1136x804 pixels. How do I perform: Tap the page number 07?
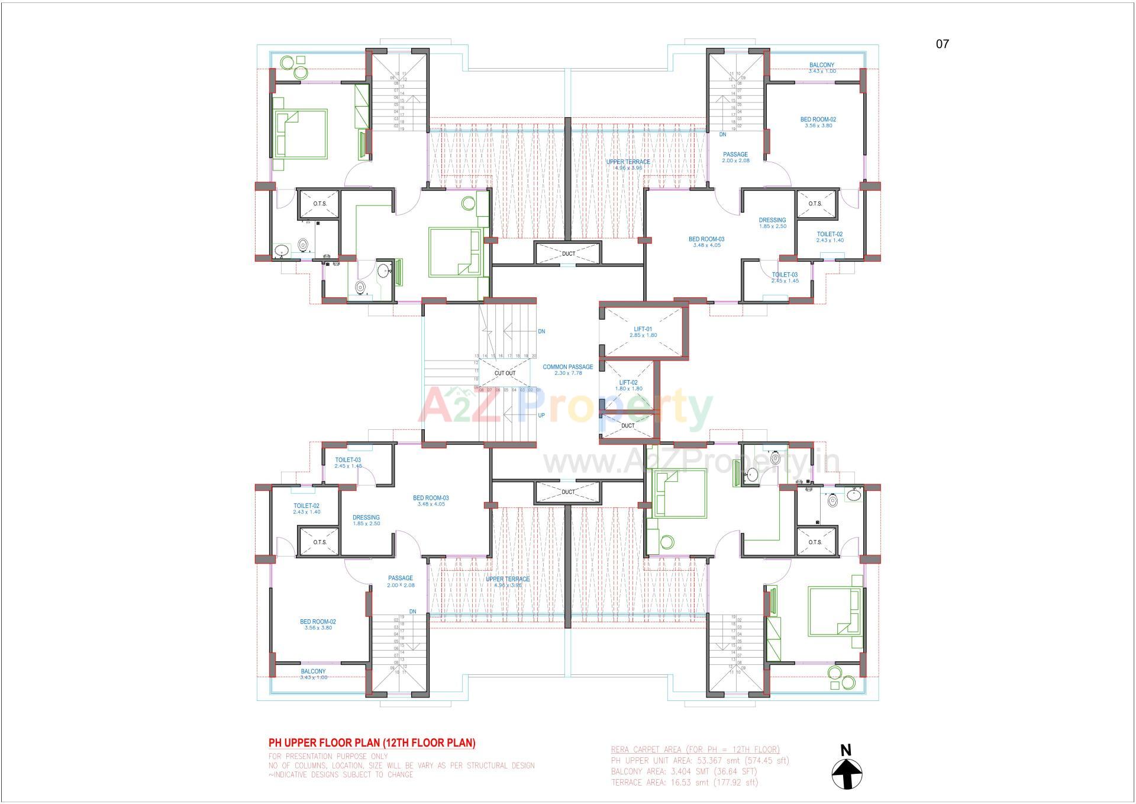[x=943, y=44]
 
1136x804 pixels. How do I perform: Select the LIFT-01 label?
[x=643, y=329]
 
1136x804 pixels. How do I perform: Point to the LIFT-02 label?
[x=628, y=382]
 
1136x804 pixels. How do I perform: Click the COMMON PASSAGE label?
[x=568, y=367]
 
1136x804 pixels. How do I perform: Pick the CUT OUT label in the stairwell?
[x=505, y=373]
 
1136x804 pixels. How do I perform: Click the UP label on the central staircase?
[x=541, y=415]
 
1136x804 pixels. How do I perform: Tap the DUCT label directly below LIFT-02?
[x=628, y=426]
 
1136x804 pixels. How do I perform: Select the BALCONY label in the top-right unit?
[x=822, y=65]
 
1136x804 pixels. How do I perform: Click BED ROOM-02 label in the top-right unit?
[x=818, y=120]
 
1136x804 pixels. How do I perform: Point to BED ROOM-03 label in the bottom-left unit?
[x=431, y=498]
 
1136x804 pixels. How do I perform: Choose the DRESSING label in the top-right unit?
[x=772, y=220]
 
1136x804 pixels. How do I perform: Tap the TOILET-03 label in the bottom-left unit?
[x=348, y=460]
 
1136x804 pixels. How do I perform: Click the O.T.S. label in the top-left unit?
[x=319, y=204]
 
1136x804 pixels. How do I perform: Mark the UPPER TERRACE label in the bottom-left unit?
[x=508, y=579]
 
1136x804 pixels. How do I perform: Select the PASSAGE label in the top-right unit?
[x=735, y=155]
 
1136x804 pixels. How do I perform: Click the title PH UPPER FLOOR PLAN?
[x=372, y=742]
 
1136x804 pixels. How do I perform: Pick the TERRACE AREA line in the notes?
[x=684, y=782]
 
